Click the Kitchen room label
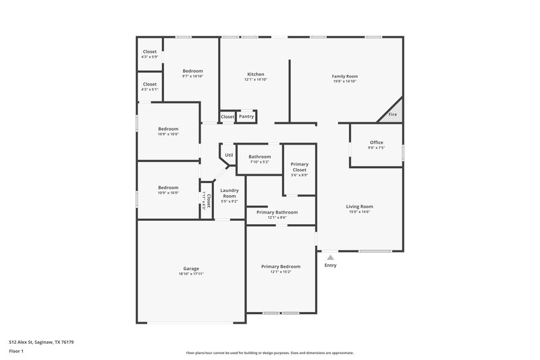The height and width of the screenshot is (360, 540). (255, 74)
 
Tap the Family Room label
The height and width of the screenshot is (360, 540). (344, 76)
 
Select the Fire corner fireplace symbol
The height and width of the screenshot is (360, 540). (393, 113)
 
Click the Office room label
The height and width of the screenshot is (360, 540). (376, 143)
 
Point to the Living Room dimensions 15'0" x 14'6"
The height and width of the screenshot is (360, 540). (360, 212)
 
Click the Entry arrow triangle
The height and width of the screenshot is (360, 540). (329, 257)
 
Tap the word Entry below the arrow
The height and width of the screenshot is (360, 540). (329, 265)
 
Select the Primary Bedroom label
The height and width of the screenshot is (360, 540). (281, 267)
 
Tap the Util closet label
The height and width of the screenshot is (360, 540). (229, 155)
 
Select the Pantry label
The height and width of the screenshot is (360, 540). (246, 117)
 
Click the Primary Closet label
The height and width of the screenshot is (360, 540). (299, 167)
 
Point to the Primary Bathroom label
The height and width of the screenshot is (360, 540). (277, 212)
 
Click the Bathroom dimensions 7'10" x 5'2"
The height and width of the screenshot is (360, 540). (259, 162)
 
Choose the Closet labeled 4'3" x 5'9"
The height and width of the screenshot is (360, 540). (149, 57)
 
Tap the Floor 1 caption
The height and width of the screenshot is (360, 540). (16, 352)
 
